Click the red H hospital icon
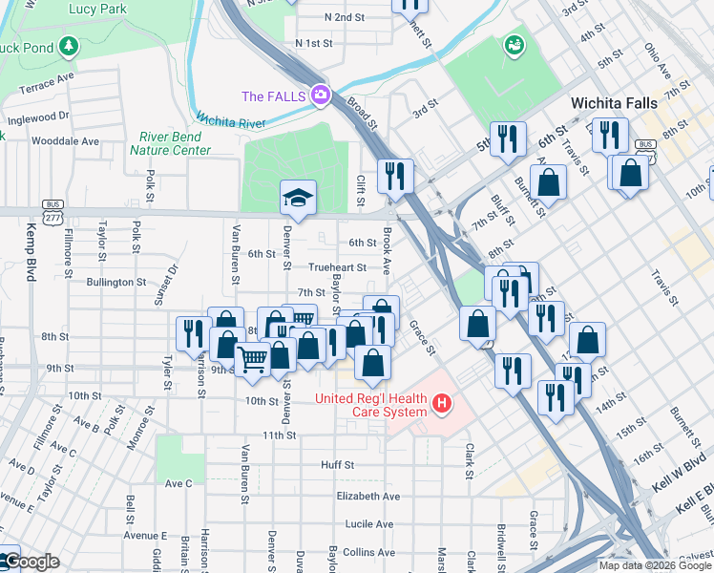coord(441,404)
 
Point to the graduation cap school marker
coord(298,198)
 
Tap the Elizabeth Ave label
coord(368,497)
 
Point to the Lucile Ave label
coord(369,524)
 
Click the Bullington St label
coord(115,283)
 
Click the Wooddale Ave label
coord(65,140)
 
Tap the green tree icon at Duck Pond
coord(68,46)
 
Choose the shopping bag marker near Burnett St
coord(549,181)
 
